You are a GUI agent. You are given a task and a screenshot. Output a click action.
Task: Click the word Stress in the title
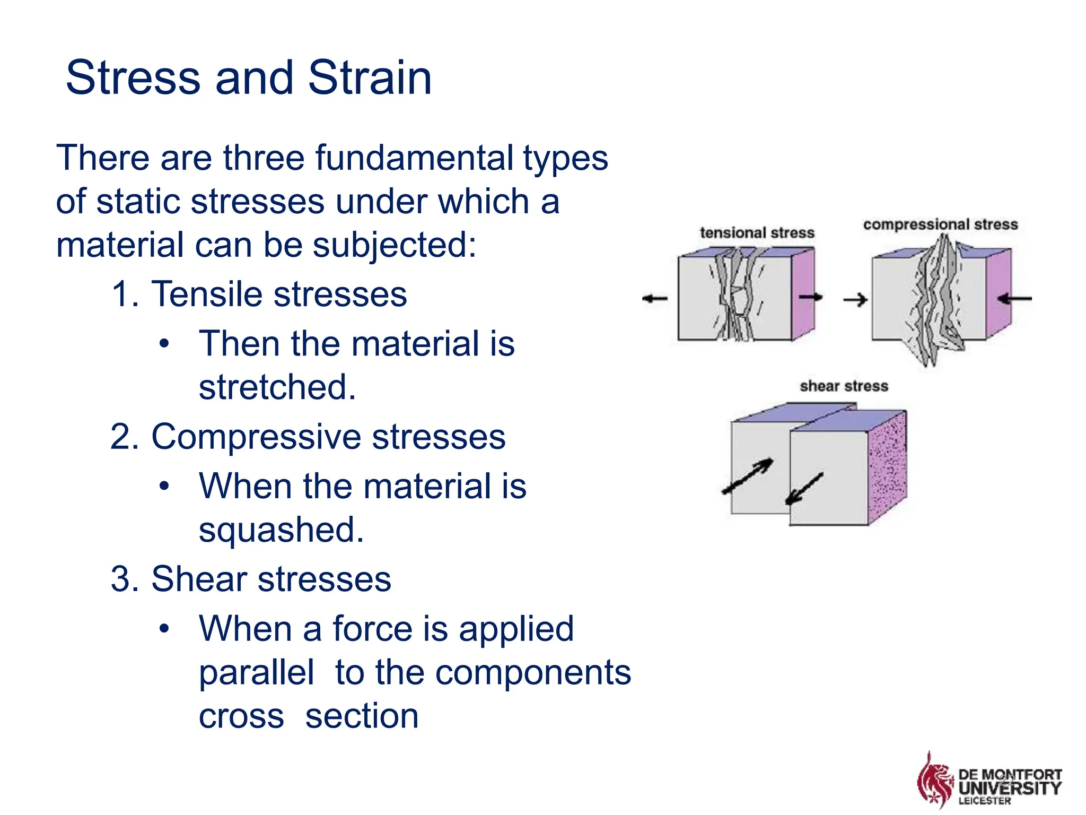coord(133,78)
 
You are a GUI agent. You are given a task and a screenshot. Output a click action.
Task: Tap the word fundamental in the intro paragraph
coord(414,158)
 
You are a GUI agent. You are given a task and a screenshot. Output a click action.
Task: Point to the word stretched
coord(277,387)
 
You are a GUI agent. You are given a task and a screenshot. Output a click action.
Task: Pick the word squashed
coord(281,530)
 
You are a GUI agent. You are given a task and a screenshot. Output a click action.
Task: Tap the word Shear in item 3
coord(198,579)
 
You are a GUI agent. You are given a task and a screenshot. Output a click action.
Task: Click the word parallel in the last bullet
coord(257,672)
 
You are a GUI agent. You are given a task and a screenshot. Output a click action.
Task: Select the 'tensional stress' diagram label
coord(757,233)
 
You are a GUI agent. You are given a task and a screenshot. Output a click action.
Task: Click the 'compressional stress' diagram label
coord(940,224)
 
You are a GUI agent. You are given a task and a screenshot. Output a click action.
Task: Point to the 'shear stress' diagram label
coord(844,386)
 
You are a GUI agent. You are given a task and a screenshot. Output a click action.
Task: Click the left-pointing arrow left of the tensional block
coord(655,299)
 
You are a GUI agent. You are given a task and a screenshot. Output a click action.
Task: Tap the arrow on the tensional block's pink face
coord(810,297)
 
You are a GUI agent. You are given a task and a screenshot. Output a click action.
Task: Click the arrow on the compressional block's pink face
coord(1014,299)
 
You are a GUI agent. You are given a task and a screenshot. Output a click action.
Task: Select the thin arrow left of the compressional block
coord(855,300)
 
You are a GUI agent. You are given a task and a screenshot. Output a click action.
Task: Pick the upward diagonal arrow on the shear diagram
coord(748,476)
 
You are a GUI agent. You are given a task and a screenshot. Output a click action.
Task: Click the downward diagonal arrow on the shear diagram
coord(804,488)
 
